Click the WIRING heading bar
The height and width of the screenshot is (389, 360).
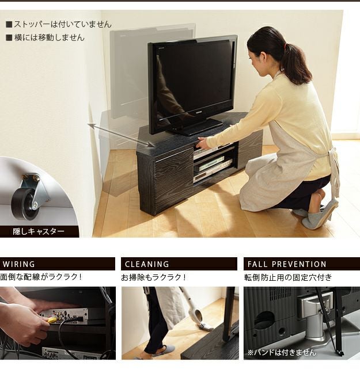tap(58, 264)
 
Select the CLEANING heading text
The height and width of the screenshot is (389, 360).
tap(147, 264)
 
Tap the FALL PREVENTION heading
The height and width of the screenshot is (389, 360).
tap(287, 264)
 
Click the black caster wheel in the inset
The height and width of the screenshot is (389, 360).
tap(23, 204)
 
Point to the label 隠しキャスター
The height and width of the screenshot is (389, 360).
tap(39, 231)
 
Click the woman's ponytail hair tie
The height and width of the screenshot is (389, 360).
tap(286, 47)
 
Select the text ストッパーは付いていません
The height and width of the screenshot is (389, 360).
tap(62, 24)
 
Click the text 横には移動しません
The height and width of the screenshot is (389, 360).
tap(49, 37)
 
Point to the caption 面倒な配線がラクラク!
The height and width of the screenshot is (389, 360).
tap(41, 277)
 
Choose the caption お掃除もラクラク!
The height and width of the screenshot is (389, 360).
tap(153, 277)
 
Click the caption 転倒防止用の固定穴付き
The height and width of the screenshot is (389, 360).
tap(288, 277)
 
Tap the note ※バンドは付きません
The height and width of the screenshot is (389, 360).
tap(282, 352)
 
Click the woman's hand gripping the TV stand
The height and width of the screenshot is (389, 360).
tap(202, 143)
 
